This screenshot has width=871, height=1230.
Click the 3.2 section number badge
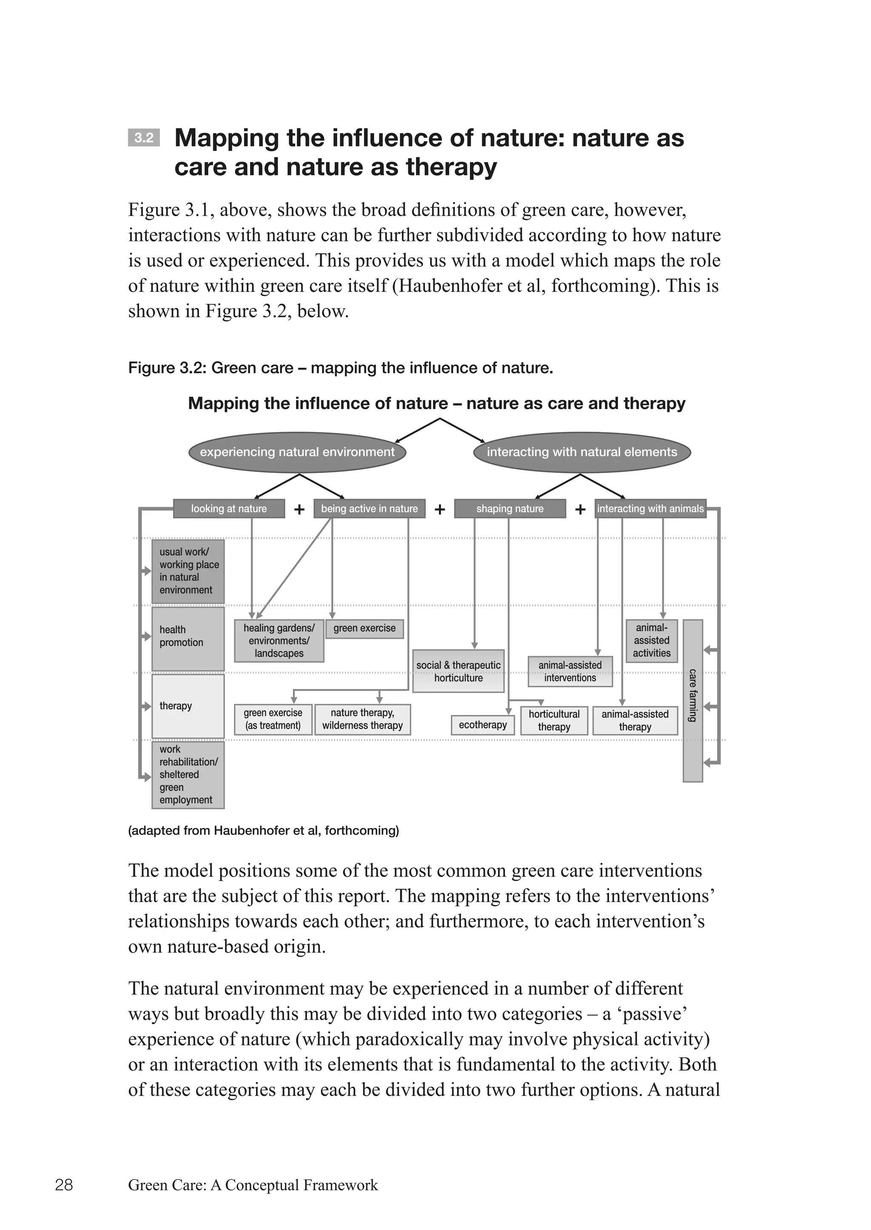tap(144, 138)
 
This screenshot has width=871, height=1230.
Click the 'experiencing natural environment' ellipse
tap(297, 452)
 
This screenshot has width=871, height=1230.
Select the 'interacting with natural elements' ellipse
tap(582, 452)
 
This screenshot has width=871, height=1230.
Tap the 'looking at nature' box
tap(229, 509)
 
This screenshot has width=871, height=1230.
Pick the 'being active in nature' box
tap(370, 509)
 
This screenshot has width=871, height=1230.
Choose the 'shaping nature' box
tap(510, 509)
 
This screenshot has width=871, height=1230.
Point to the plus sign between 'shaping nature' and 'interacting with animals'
tap(580, 509)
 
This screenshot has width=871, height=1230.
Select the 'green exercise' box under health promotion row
tap(365, 628)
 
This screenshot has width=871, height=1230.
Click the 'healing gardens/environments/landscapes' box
tap(279, 641)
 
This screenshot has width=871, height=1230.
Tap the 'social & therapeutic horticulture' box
tap(458, 671)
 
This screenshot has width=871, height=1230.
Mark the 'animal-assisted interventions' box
tap(570, 672)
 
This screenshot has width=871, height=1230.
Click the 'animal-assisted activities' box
tap(652, 641)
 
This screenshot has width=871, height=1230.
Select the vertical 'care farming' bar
tap(692, 700)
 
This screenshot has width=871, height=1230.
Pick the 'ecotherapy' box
tap(483, 725)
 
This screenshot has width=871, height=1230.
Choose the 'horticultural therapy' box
tap(554, 720)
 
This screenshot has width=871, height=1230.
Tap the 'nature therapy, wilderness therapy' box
tap(362, 719)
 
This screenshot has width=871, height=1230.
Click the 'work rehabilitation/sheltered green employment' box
tap(188, 774)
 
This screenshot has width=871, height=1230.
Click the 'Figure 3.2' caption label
tap(166, 368)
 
